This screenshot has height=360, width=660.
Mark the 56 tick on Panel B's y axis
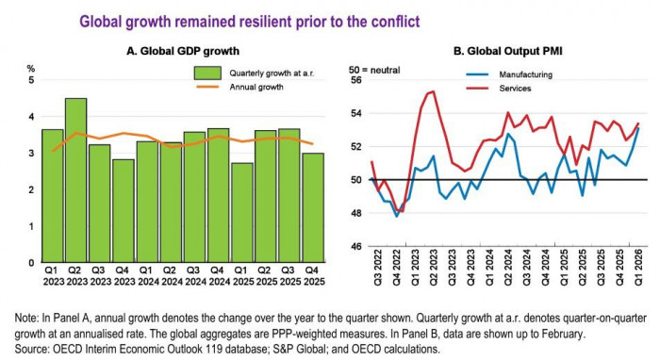(355, 81)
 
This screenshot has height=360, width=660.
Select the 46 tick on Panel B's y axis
(355, 247)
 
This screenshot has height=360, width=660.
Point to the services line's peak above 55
(431, 91)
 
